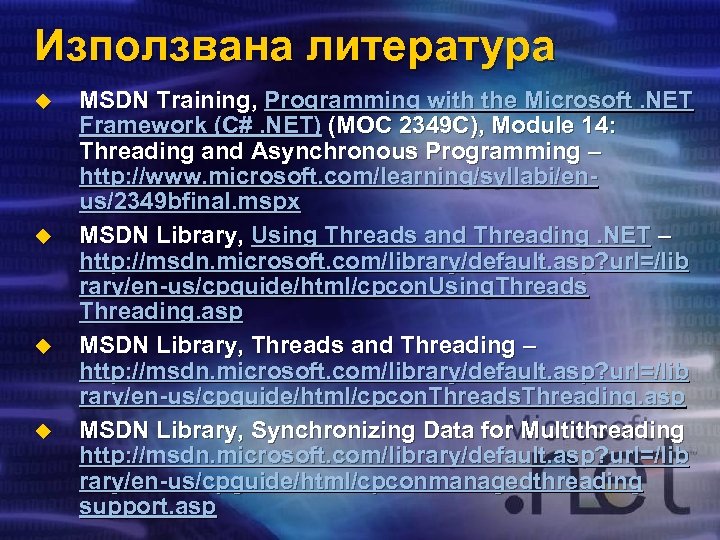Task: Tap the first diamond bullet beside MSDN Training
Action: click(x=41, y=100)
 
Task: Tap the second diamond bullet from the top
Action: click(x=41, y=236)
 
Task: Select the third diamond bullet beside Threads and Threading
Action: click(x=41, y=345)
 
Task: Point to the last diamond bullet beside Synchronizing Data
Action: click(x=41, y=431)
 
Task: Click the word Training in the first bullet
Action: click(x=211, y=100)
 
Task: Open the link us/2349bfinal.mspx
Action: click(x=190, y=203)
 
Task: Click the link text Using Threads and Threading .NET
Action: click(x=451, y=236)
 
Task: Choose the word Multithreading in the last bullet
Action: click(x=589, y=431)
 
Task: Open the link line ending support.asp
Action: click(x=147, y=507)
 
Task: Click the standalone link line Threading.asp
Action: click(x=160, y=312)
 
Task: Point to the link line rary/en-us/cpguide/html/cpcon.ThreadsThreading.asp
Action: click(x=382, y=397)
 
